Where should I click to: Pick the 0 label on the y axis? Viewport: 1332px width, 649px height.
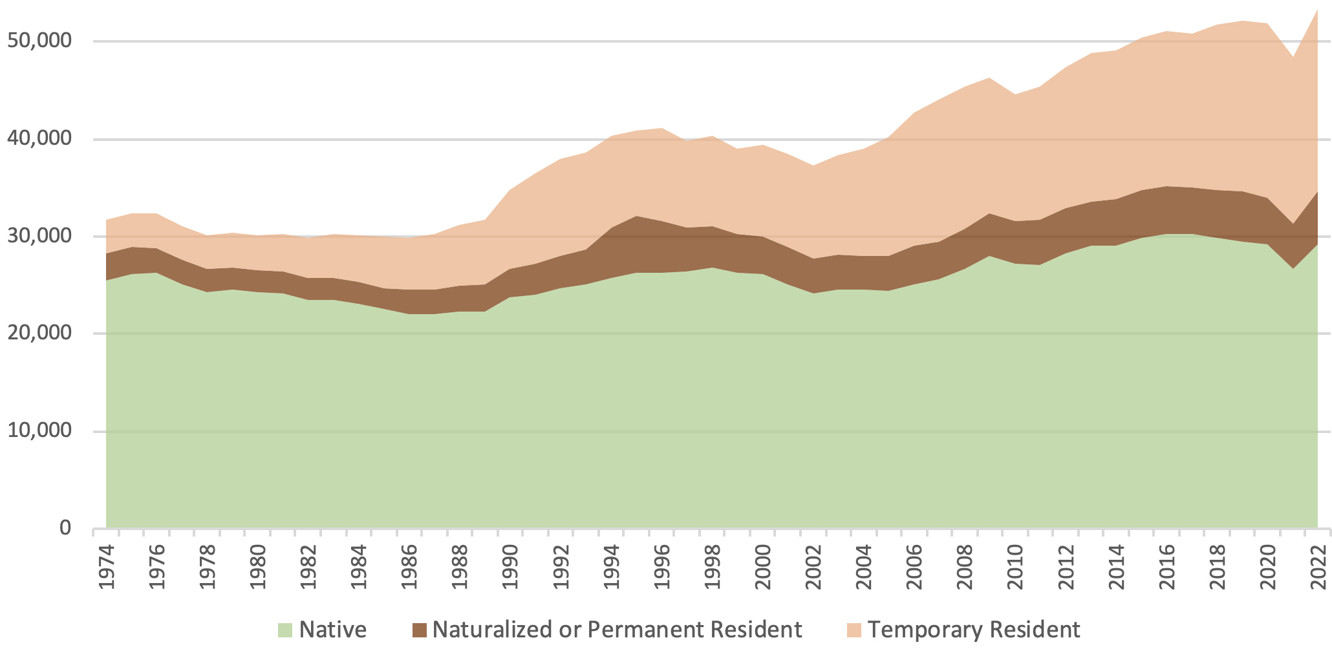pos(65,529)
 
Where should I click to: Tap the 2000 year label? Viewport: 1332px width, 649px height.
pos(763,568)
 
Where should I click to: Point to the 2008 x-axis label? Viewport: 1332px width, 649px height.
pos(965,568)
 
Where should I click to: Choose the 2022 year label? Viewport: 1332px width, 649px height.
pos(1318,568)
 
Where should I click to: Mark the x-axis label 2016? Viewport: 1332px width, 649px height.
pos(1166,568)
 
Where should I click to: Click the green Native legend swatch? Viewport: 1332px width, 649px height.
pos(285,630)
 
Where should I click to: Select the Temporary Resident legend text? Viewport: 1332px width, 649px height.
pos(974,630)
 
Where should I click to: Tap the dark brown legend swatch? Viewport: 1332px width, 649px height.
pos(420,630)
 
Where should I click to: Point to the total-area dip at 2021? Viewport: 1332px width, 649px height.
pos(1293,58)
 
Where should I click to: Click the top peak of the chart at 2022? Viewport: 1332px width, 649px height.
pos(1317,10)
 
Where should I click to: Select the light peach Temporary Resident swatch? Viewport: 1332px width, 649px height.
pos(854,630)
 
